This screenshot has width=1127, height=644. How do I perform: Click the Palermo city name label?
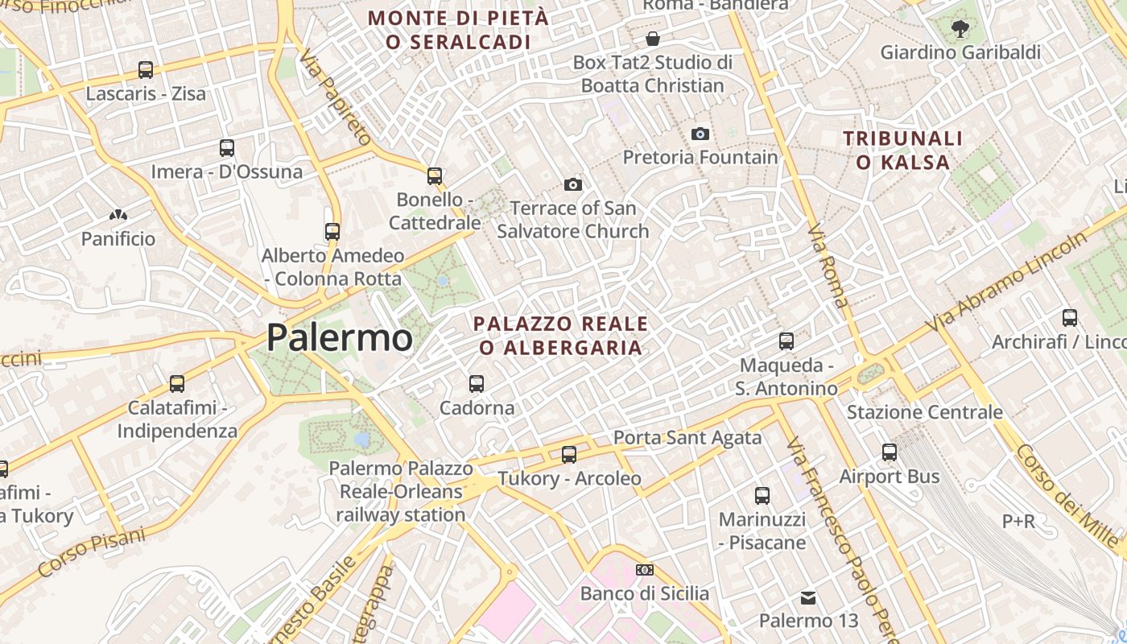tap(339, 337)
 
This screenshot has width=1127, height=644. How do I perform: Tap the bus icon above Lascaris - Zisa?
tap(146, 70)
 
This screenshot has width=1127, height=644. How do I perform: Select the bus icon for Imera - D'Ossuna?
tap(227, 148)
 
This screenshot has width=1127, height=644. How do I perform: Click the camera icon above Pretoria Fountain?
tap(700, 134)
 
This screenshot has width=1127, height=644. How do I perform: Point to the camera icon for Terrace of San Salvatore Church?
tap(573, 185)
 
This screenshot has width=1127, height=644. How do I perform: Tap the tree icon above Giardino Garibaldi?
tap(960, 30)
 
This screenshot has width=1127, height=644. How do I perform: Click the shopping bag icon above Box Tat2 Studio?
tap(653, 39)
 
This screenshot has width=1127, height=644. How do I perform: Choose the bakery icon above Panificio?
tap(118, 216)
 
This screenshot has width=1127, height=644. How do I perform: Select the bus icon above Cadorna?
tap(477, 384)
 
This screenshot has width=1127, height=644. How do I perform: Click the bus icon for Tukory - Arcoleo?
tap(569, 455)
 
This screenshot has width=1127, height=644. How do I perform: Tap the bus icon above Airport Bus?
tap(890, 452)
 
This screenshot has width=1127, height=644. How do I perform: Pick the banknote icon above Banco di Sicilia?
tap(645, 570)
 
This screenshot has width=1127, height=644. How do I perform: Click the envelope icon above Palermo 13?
tap(808, 597)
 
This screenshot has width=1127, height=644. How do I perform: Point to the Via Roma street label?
tap(828, 266)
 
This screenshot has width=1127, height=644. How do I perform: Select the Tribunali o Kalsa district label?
tap(902, 151)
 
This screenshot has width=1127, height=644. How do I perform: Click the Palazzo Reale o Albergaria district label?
tap(560, 336)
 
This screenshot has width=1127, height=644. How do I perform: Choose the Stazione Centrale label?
tap(925, 413)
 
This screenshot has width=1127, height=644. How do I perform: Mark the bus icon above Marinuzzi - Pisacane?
tap(762, 496)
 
